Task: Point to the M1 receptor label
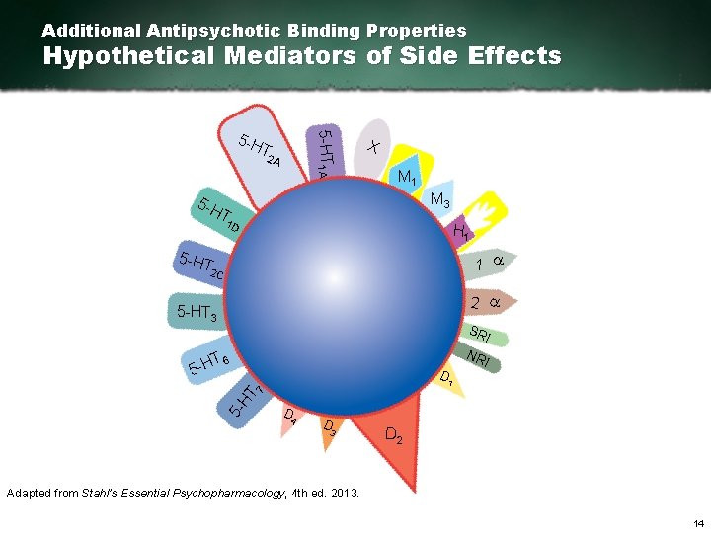(406, 178)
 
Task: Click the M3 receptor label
(440, 202)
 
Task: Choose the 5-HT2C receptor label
(201, 265)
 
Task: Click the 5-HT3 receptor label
(197, 313)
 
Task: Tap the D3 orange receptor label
(331, 426)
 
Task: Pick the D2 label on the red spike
(392, 435)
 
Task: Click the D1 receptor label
(447, 377)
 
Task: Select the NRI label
(479, 357)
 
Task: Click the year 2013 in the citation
(344, 492)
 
